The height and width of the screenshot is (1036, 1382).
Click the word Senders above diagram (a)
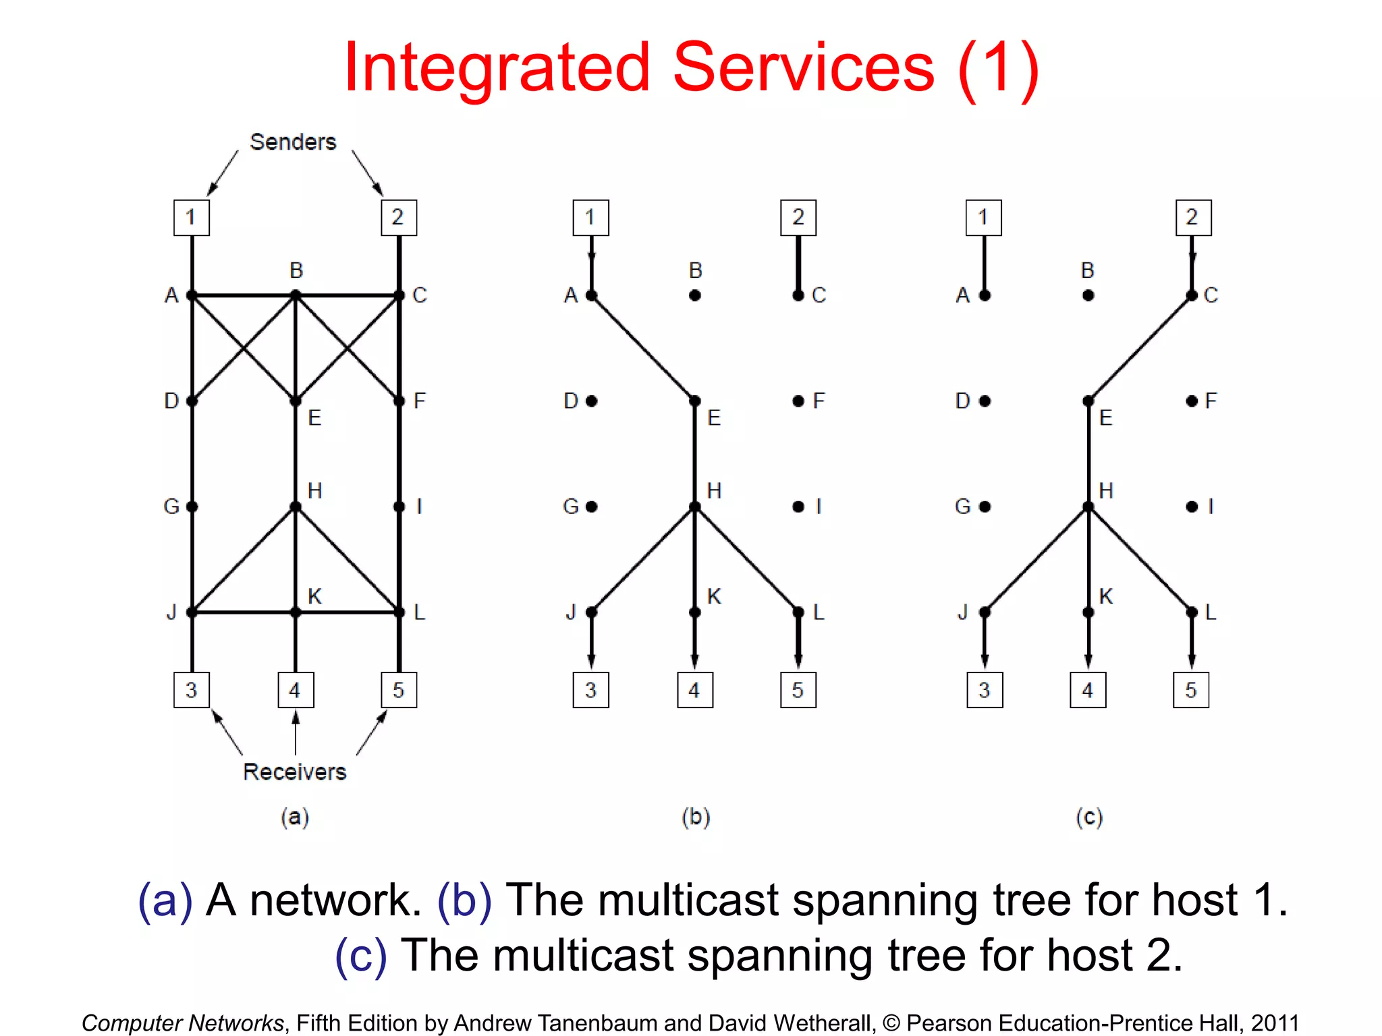pos(292,142)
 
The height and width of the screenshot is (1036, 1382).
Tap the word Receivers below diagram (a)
pos(294,772)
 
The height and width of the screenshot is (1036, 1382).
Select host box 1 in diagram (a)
pos(192,217)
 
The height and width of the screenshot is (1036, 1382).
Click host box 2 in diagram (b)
pos(798,217)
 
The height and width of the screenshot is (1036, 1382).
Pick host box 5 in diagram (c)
pos(1191,690)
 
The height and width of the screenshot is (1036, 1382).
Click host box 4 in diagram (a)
pos(296,690)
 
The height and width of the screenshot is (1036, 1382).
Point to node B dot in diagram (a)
pos(296,295)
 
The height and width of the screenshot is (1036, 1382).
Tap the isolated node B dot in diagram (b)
pos(695,295)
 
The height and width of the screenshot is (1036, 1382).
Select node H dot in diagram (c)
pos(1088,507)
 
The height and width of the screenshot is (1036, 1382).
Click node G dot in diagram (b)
pos(592,507)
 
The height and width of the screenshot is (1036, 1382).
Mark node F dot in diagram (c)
pos(1192,401)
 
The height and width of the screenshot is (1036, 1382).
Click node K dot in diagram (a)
pos(296,612)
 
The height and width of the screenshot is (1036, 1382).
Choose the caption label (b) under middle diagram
pos(696,817)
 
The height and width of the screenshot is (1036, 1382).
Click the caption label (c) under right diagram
pos(1089,817)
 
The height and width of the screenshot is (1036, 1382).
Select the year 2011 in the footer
pos(1275,1023)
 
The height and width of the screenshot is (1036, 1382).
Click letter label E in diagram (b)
pos(714,418)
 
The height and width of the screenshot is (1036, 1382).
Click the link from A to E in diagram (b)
pos(643,348)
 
